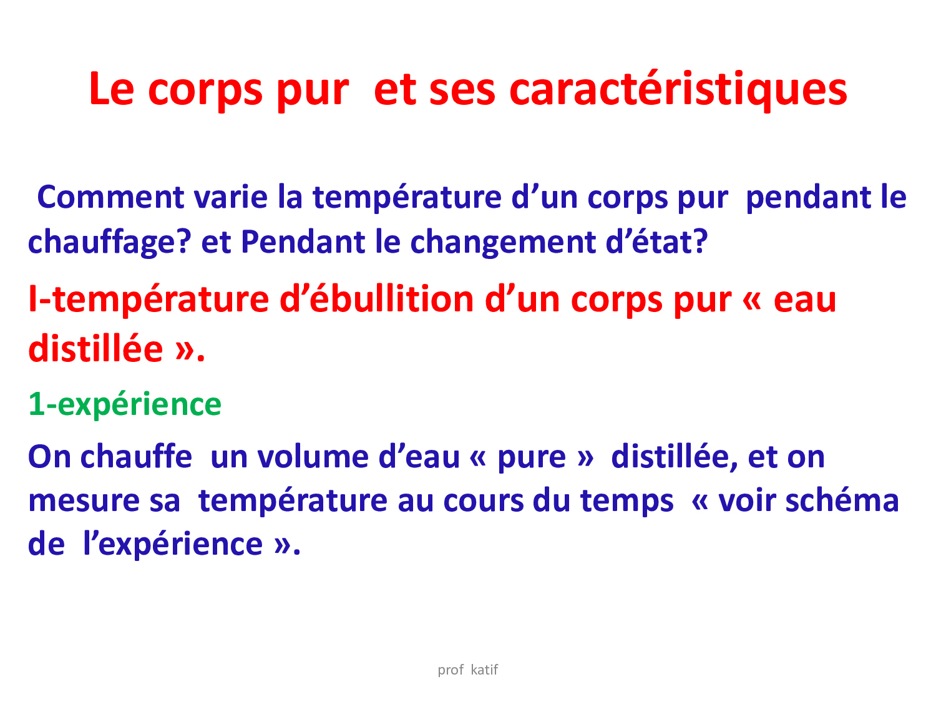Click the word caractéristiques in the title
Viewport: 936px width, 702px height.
coord(678,90)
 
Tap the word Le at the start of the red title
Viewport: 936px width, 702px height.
coord(112,89)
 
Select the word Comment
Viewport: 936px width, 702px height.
coord(110,197)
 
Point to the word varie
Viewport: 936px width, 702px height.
coord(231,197)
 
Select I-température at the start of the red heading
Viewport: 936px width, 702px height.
coord(149,300)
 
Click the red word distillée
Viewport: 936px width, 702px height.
coord(96,349)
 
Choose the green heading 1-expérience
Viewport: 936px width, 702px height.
coord(125,404)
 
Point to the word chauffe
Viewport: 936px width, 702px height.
coord(136,457)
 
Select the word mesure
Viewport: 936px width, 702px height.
coord(84,502)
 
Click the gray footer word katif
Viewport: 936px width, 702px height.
coord(484,670)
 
